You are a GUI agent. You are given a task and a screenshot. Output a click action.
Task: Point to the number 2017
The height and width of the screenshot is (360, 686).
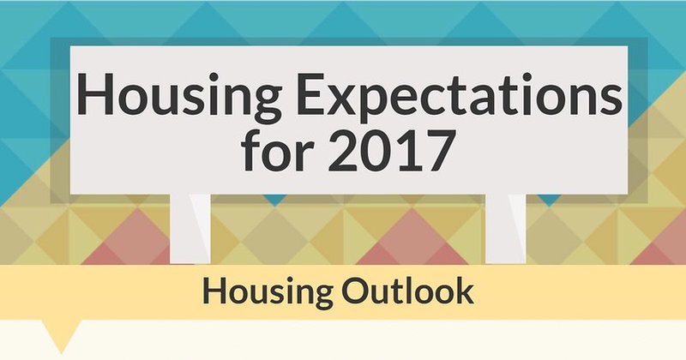[390, 150]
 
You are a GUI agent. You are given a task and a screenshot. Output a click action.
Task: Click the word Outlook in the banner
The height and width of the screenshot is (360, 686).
[408, 291]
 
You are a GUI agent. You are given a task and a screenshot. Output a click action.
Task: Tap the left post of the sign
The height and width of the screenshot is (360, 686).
[190, 229]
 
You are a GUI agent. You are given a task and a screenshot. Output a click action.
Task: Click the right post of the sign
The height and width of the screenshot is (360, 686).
[506, 229]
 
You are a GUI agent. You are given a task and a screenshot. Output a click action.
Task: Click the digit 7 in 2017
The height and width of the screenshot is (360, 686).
[436, 150]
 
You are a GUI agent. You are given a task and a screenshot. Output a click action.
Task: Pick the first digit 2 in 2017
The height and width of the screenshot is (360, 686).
[342, 150]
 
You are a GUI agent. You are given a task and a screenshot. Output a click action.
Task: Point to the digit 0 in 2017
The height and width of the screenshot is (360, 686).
[376, 150]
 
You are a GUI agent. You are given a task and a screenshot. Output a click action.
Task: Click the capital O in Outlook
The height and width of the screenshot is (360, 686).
[355, 291]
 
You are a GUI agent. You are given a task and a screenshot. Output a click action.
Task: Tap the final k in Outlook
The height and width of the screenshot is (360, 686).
[466, 291]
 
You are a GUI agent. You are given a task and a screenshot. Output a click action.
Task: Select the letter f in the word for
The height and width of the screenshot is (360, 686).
[251, 149]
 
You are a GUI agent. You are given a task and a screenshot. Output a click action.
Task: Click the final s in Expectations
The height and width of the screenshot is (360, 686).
[611, 99]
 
